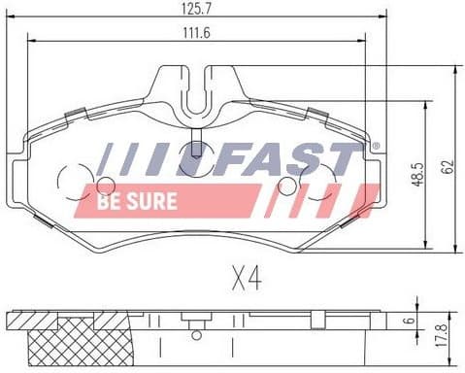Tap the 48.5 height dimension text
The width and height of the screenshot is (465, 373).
pos(417,175)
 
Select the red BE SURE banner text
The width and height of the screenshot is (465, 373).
pos(139,201)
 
